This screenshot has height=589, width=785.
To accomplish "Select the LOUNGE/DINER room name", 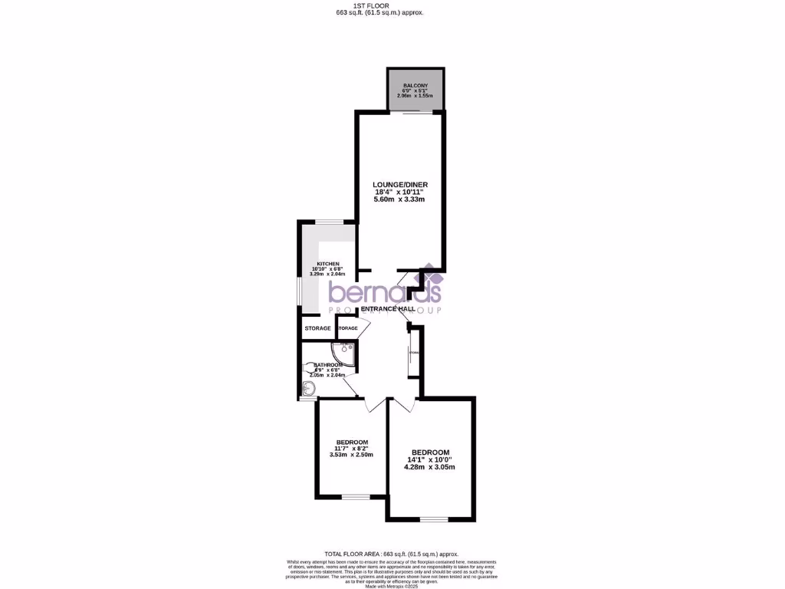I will pyautogui.click(x=399, y=185).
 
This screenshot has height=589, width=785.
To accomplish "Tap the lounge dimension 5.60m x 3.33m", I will pyautogui.click(x=399, y=199).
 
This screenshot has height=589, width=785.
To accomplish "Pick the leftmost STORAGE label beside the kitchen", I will pyautogui.click(x=317, y=328).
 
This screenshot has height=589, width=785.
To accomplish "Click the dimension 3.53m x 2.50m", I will pyautogui.click(x=352, y=455).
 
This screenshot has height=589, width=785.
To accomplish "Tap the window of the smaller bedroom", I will pyautogui.click(x=356, y=497).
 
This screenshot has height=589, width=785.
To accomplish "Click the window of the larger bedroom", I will pyautogui.click(x=433, y=518).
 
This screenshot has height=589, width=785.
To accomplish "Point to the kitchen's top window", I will pyautogui.click(x=329, y=222).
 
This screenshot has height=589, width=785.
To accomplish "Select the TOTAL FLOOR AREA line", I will pyautogui.click(x=391, y=553).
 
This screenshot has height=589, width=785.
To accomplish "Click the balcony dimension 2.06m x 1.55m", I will pyautogui.click(x=415, y=96).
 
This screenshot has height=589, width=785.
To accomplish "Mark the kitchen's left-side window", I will pyautogui.click(x=299, y=296).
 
